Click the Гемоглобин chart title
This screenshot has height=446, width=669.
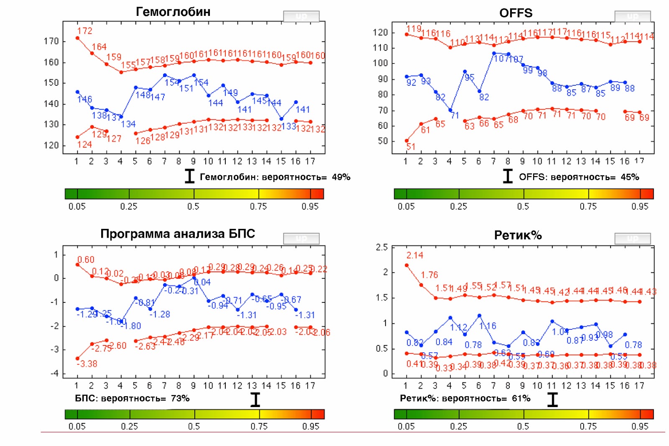pyautogui.click(x=173, y=12)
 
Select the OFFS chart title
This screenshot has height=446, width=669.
pyautogui.click(x=516, y=13)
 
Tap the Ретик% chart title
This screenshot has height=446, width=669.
pyautogui.click(x=518, y=235)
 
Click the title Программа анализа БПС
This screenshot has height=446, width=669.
pyautogui.click(x=177, y=233)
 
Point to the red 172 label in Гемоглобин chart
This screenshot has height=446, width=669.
pyautogui.click(x=85, y=31)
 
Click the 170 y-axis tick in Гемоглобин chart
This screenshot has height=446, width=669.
pyautogui.click(x=51, y=41)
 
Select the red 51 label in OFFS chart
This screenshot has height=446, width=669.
pyautogui.click(x=411, y=147)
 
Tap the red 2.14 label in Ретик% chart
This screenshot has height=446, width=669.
pyautogui.click(x=415, y=255)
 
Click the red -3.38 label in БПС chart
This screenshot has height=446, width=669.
pyautogui.click(x=87, y=364)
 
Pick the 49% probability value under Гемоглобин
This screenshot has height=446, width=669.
pyautogui.click(x=341, y=177)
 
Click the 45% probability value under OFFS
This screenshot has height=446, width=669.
pyautogui.click(x=630, y=177)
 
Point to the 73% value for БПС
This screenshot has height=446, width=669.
pyautogui.click(x=180, y=398)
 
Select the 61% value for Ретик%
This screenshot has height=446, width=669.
pyautogui.click(x=521, y=398)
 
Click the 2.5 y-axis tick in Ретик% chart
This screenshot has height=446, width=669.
pyautogui.click(x=382, y=247)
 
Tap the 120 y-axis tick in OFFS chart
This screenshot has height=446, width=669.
pyautogui.click(x=380, y=33)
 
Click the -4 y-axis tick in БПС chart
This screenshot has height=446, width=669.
pyautogui.click(x=55, y=373)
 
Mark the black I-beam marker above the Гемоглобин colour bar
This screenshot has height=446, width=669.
pyautogui.click(x=189, y=176)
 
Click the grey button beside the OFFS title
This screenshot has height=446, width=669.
pyautogui.click(x=632, y=16)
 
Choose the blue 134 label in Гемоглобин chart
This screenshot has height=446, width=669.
pyautogui.click(x=128, y=124)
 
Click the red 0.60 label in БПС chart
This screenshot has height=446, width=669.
pyautogui.click(x=86, y=260)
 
